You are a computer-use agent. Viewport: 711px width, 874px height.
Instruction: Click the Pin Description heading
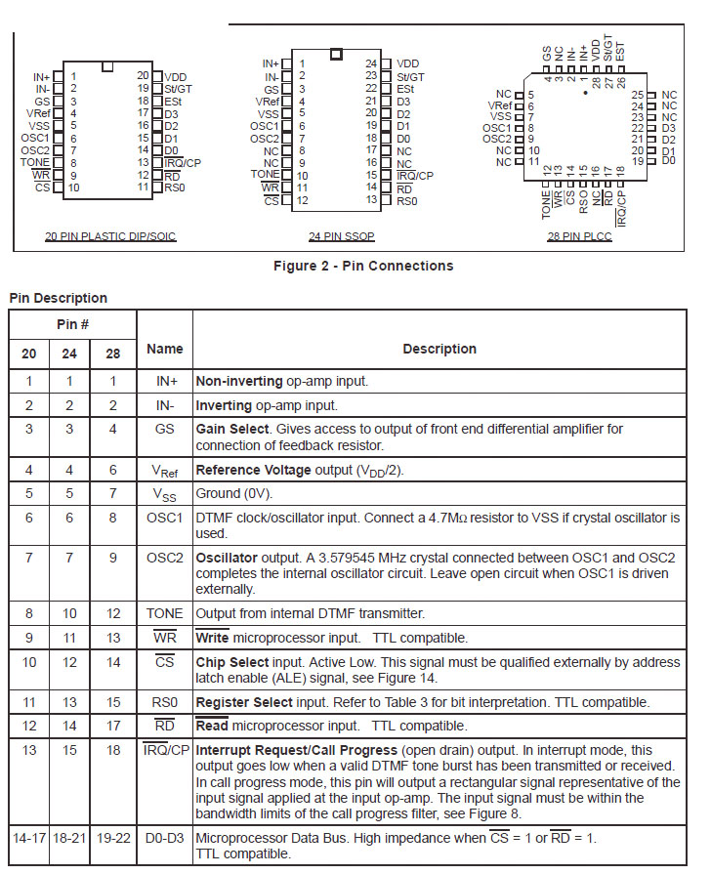pyautogui.click(x=58, y=298)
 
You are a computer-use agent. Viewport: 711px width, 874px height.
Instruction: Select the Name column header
pyautogui.click(x=164, y=349)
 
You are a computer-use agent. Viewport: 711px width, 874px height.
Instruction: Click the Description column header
pyautogui.click(x=439, y=349)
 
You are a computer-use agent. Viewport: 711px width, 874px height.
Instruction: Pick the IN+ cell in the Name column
pyautogui.click(x=164, y=382)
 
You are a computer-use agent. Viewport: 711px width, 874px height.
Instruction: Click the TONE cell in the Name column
pyautogui.click(x=164, y=613)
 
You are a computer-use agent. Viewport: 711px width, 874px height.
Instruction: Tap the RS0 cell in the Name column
pyautogui.click(x=164, y=701)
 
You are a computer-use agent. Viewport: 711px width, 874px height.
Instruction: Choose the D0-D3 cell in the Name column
pyautogui.click(x=164, y=837)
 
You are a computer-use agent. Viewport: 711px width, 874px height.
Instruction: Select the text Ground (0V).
pyautogui.click(x=237, y=493)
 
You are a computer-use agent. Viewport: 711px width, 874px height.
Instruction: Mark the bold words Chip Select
pyautogui.click(x=235, y=662)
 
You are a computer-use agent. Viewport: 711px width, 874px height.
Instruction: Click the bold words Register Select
pyautogui.click(x=244, y=701)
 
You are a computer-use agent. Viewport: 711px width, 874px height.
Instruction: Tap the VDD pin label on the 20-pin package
pyautogui.click(x=176, y=75)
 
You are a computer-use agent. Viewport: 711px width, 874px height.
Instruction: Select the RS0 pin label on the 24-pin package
pyautogui.click(x=405, y=200)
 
